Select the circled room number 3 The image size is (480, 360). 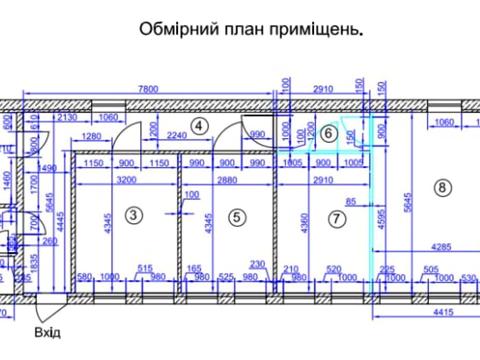(133, 215)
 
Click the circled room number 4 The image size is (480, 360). (200, 126)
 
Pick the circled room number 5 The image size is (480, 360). (235, 215)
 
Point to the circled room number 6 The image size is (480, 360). (326, 142)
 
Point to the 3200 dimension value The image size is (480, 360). (126, 180)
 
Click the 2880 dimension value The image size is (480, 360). (231, 180)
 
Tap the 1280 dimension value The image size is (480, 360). (93, 137)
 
